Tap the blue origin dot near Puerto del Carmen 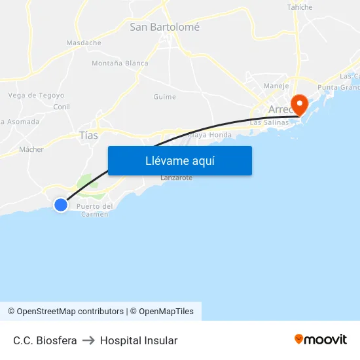point(61,205)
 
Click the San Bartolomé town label point(164,27)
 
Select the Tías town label point(88,135)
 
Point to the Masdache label point(84,43)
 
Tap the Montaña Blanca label point(120,63)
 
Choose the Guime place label point(164,97)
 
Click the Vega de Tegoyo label point(36,96)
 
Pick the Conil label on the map point(62,107)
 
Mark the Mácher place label point(31,149)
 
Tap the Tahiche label point(300,7)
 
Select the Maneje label point(276,86)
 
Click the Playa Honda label point(209,135)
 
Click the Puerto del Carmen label point(95,210)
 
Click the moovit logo point(321,340)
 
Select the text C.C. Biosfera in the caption point(45,340)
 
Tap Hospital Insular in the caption point(139,340)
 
